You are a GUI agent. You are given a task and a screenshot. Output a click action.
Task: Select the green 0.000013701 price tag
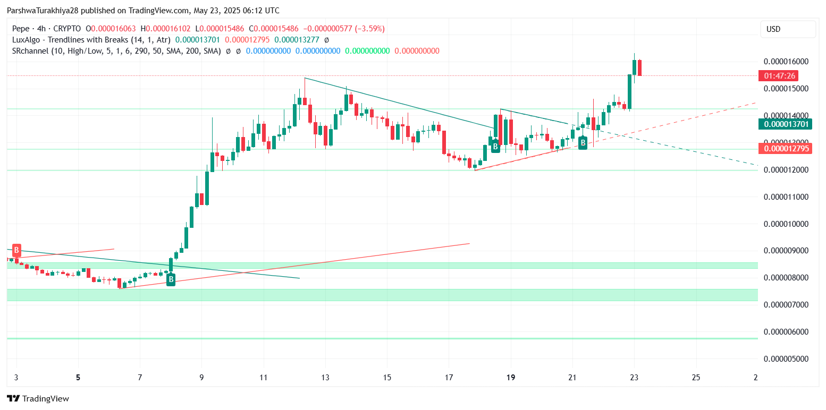(x=786, y=124)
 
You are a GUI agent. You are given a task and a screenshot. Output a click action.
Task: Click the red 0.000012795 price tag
(x=786, y=149)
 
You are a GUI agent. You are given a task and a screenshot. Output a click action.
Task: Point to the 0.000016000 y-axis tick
(x=786, y=62)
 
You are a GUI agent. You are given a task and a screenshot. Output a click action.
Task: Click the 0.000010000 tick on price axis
(x=786, y=224)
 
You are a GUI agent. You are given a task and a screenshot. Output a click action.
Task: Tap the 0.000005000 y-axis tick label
(x=786, y=358)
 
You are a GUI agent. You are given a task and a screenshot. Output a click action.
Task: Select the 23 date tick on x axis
(x=634, y=378)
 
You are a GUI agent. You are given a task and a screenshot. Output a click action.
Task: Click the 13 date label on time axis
(x=325, y=378)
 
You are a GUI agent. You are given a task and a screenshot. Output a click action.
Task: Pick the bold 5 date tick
(x=78, y=378)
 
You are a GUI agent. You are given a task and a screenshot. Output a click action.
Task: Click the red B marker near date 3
(x=16, y=250)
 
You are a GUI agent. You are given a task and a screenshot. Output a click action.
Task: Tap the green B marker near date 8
(x=171, y=279)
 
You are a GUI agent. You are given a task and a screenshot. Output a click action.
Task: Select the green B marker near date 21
(x=583, y=142)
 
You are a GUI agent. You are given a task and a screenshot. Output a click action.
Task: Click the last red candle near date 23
(x=639, y=67)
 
